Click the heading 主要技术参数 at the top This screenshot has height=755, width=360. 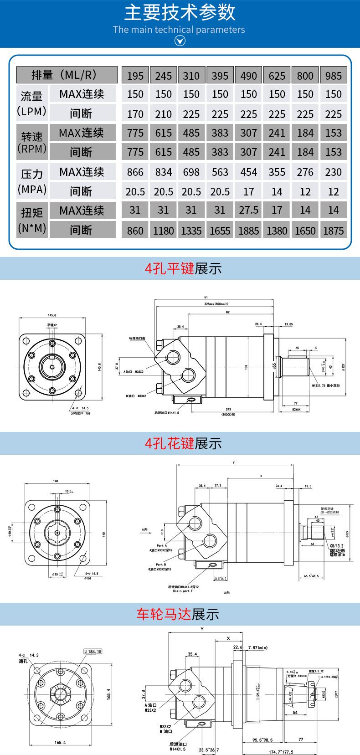click(x=180, y=12)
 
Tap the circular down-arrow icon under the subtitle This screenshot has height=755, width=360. click(x=180, y=41)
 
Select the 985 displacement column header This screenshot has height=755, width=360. click(x=333, y=75)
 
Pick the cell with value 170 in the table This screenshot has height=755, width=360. click(x=135, y=114)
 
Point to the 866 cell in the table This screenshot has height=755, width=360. click(x=135, y=172)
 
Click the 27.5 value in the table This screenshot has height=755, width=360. click(x=248, y=210)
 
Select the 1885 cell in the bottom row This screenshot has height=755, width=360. click(x=248, y=231)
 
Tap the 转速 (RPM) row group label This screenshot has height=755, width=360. click(x=32, y=142)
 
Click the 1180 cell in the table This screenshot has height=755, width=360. click(x=163, y=231)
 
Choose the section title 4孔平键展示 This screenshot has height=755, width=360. click(x=183, y=269)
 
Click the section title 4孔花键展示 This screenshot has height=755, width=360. click(x=183, y=443)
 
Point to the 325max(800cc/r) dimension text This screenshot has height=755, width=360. click(x=216, y=303)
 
